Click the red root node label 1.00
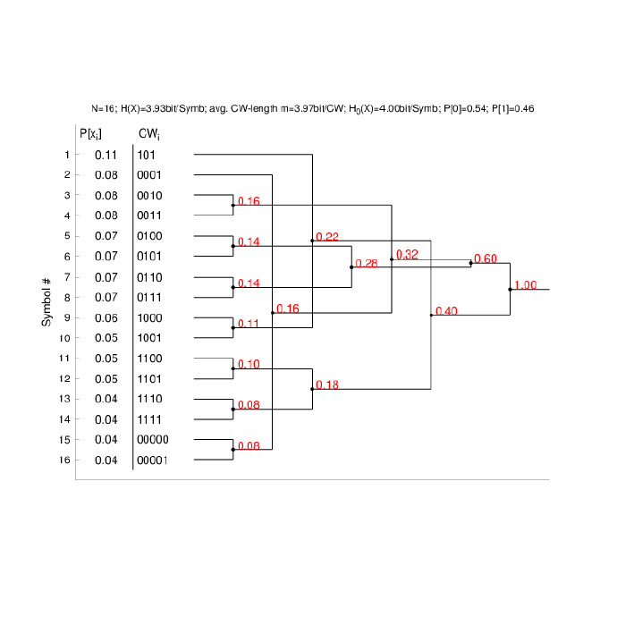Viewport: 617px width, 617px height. click(525, 285)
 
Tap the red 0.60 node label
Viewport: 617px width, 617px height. click(486, 258)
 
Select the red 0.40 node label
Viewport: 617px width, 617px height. click(446, 311)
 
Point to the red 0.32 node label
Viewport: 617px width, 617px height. click(407, 255)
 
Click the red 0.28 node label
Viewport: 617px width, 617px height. click(367, 263)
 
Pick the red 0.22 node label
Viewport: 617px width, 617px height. click(327, 237)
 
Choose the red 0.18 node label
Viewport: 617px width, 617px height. click(327, 385)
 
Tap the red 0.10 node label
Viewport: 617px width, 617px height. click(249, 364)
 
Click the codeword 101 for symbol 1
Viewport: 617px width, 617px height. click(146, 155)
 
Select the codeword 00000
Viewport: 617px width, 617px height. click(153, 440)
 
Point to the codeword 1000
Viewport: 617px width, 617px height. click(149, 318)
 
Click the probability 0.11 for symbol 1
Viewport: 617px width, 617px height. click(106, 155)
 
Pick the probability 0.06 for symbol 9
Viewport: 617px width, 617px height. click(106, 318)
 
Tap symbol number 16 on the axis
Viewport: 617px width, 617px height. click(64, 460)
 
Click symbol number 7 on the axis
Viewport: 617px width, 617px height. click(67, 277)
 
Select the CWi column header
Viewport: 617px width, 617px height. click(149, 134)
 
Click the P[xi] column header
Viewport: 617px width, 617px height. click(90, 134)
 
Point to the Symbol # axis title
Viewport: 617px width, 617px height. click(46, 302)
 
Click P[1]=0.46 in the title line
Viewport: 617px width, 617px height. click(512, 108)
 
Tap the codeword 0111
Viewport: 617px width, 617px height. click(149, 297)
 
